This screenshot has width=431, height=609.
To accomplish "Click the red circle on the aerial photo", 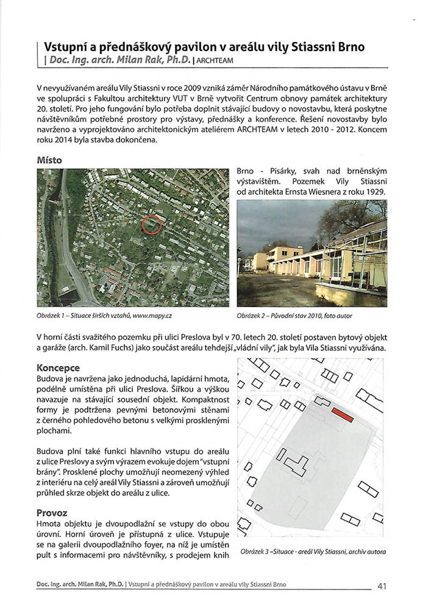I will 151,225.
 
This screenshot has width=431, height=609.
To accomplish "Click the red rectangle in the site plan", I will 343,414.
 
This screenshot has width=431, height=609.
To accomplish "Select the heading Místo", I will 49,160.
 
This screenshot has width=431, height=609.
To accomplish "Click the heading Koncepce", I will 58,368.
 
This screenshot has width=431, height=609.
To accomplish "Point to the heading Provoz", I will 52,513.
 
